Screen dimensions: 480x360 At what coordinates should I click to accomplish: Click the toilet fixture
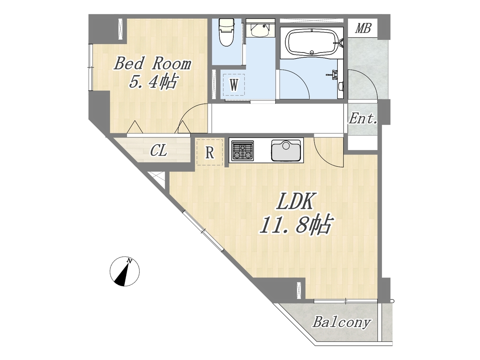[227, 32]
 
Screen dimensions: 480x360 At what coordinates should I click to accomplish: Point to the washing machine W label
[234, 85]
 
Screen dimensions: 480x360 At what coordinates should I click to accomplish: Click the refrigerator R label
[210, 153]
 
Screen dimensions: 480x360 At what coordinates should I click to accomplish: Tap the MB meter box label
[363, 28]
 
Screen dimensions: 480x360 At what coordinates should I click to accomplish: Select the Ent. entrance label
[363, 119]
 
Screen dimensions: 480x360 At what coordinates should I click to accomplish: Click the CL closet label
[159, 151]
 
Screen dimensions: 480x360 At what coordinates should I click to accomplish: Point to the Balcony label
[342, 322]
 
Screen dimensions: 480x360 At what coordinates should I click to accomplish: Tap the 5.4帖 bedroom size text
[153, 82]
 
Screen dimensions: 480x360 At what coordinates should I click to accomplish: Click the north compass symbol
[124, 271]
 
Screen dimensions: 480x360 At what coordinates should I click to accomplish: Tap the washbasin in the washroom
[260, 31]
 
